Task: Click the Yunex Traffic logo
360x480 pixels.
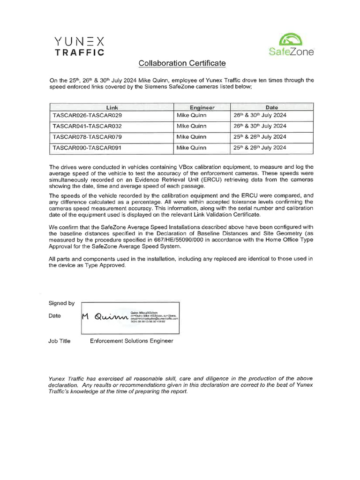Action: [79, 46]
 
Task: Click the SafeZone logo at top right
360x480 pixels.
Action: [291, 45]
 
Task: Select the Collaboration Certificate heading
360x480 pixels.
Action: [181, 63]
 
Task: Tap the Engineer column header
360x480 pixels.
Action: [202, 107]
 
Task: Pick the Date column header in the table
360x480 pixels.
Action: [271, 107]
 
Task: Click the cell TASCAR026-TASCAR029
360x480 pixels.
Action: [87, 115]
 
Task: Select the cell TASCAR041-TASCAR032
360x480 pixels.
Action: [87, 126]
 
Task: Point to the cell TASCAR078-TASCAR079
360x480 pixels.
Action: [87, 137]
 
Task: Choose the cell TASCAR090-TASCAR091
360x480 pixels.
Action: [87, 148]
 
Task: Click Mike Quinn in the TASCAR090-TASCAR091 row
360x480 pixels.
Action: [191, 148]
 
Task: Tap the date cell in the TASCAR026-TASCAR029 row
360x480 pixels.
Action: [259, 115]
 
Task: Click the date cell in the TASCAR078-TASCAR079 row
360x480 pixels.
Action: [259, 137]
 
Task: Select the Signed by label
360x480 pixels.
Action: [61, 303]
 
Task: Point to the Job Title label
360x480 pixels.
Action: [60, 341]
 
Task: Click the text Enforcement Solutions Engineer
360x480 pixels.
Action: [131, 341]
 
